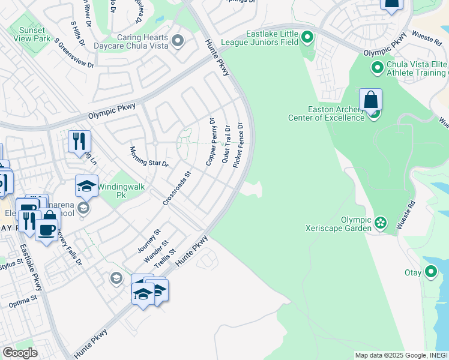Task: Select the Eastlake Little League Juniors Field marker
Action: [x=307, y=38]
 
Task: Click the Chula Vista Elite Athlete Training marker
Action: [x=378, y=68]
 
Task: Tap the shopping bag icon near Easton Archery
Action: [x=371, y=101]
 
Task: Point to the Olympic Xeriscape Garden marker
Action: [x=381, y=224]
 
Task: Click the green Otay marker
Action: [x=430, y=272]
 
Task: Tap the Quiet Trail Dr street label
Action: [x=226, y=145]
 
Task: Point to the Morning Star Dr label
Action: [x=149, y=155]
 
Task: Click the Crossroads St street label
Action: [x=176, y=188]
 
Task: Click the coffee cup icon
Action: [x=46, y=229]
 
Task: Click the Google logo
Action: [x=20, y=353]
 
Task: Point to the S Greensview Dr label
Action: [x=74, y=53]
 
